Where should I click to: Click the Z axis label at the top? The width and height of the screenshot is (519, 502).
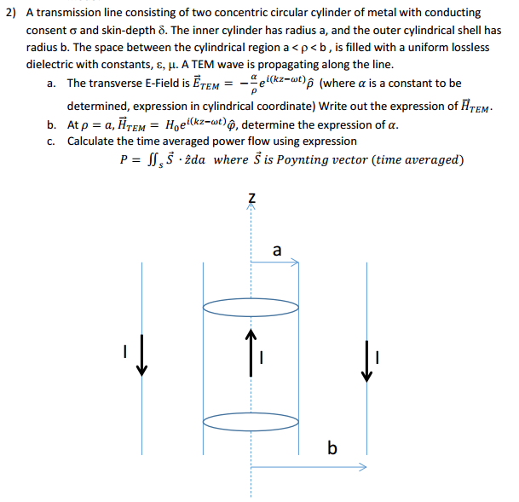pyautogui.click(x=251, y=199)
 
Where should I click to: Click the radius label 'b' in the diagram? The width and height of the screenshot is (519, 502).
pyautogui.click(x=332, y=447)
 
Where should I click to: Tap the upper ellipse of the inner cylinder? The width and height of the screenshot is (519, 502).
pyautogui.click(x=251, y=304)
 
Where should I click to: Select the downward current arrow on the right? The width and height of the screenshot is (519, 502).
pyautogui.click(x=367, y=359)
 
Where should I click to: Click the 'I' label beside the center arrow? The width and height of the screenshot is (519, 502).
pyautogui.click(x=263, y=358)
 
